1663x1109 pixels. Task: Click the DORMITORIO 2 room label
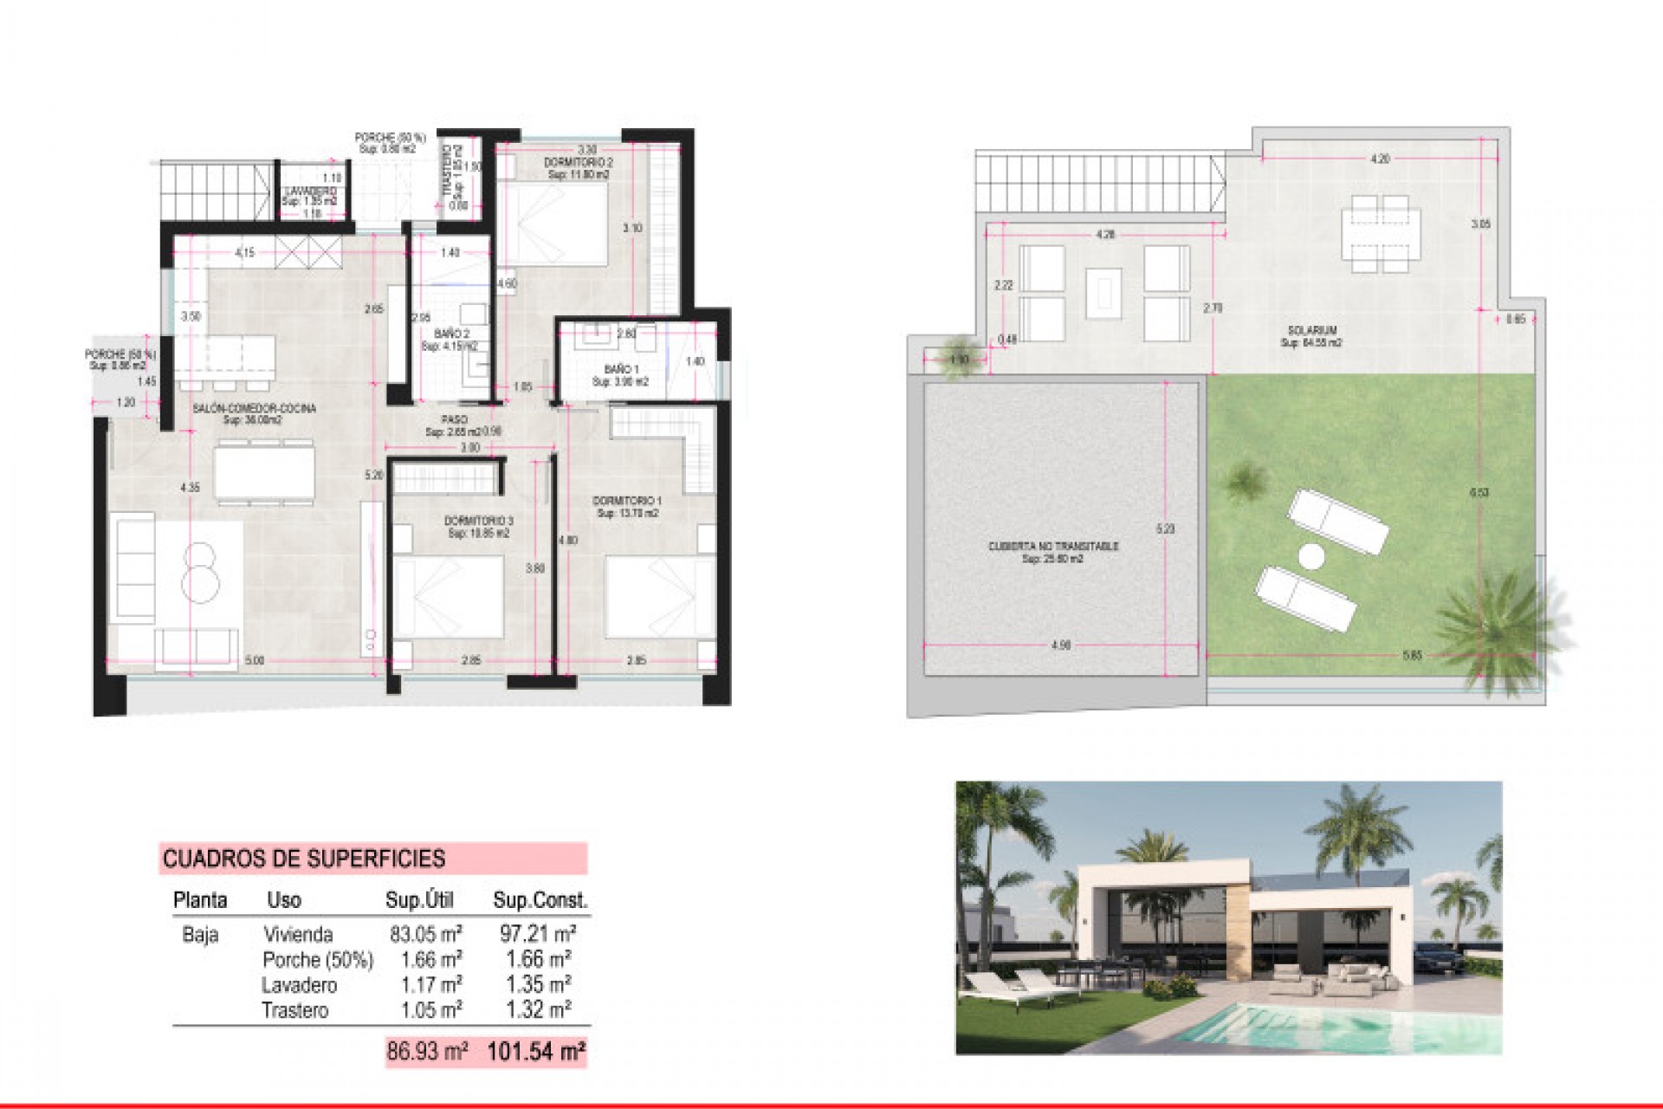(x=578, y=163)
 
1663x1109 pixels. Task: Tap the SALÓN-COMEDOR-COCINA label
(x=254, y=408)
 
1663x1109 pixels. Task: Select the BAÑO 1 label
(x=621, y=370)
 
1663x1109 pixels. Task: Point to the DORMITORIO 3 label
(x=478, y=521)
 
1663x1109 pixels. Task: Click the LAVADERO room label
(x=309, y=191)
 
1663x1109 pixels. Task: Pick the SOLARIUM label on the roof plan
(x=1311, y=330)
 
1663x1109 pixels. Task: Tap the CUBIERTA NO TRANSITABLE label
(x=1052, y=547)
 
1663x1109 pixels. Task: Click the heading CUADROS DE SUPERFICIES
(x=304, y=859)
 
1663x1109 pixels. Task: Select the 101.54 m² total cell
(x=535, y=1052)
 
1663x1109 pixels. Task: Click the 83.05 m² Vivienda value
(x=425, y=934)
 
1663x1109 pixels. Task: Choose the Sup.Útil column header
(x=419, y=900)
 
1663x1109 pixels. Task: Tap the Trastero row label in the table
(x=294, y=1010)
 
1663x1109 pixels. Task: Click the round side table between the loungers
(x=1309, y=555)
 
